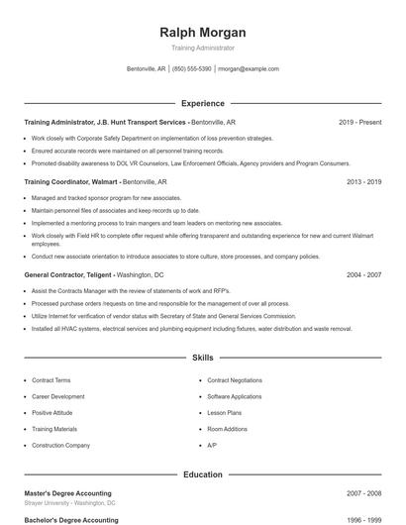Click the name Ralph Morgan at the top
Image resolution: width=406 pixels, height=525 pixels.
click(202, 32)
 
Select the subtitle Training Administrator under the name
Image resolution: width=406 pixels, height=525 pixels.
click(202, 48)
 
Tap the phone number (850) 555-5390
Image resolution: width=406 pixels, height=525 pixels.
click(192, 69)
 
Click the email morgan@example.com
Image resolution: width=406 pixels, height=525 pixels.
click(249, 69)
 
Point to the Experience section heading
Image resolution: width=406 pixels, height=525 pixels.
click(202, 103)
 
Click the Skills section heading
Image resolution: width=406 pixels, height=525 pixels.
click(202, 357)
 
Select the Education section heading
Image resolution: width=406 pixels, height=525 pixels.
click(202, 474)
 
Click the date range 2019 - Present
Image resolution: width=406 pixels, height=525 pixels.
click(359, 122)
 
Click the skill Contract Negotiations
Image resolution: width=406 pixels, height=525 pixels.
click(235, 380)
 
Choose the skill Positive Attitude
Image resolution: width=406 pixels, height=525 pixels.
click(52, 412)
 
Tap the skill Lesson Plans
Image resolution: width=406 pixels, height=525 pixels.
click(225, 412)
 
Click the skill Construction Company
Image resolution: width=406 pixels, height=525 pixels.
click(60, 445)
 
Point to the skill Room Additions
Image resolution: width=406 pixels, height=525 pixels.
click(228, 429)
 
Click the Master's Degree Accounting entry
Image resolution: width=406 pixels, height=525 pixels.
click(67, 493)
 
